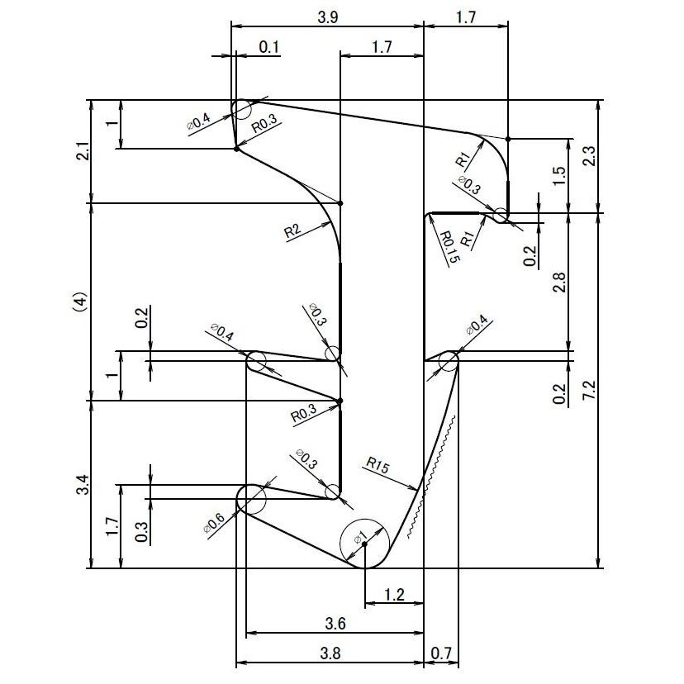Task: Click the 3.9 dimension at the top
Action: click(327, 16)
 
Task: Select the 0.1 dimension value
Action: click(268, 47)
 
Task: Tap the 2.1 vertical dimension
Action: click(79, 152)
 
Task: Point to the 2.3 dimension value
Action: click(587, 156)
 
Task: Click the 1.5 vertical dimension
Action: click(559, 176)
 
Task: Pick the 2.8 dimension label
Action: click(559, 283)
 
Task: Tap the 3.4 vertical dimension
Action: click(80, 485)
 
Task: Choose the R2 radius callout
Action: click(292, 231)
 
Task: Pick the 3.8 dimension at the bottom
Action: click(330, 653)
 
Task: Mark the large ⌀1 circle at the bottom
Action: click(364, 544)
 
